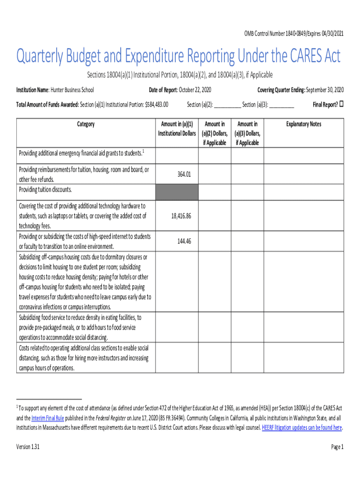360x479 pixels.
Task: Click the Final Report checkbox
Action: click(x=341, y=104)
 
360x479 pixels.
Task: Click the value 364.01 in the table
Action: click(x=184, y=174)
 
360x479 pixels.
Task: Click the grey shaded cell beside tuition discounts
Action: click(x=177, y=191)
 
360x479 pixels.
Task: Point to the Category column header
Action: click(x=86, y=124)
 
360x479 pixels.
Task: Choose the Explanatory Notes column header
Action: click(x=303, y=124)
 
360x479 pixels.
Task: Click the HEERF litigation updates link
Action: click(x=302, y=428)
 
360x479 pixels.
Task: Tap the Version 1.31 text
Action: click(x=28, y=447)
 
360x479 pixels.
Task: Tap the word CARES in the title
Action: click(x=302, y=58)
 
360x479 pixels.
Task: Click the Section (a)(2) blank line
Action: click(x=227, y=105)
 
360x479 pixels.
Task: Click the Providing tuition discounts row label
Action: click(x=45, y=190)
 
